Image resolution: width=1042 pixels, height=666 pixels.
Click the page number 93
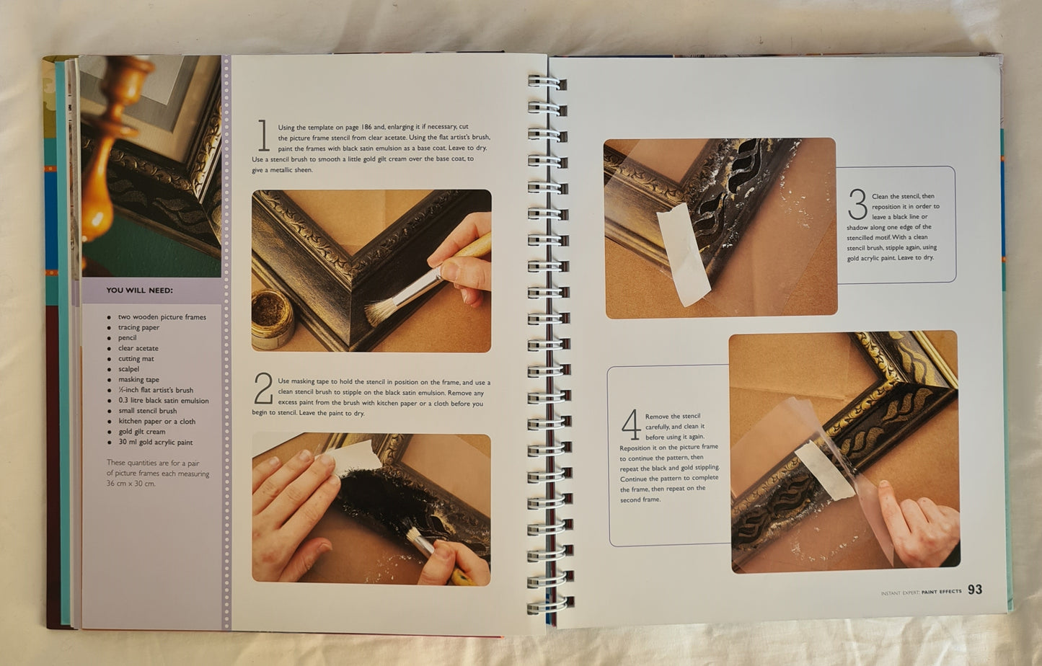click(975, 590)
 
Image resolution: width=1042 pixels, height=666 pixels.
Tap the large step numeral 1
click(264, 136)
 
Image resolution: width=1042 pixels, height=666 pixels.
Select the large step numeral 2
click(263, 388)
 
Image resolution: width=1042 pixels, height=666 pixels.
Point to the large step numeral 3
click(857, 204)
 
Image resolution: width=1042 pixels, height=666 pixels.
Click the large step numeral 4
click(631, 424)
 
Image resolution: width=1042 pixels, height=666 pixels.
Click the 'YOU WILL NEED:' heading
click(140, 290)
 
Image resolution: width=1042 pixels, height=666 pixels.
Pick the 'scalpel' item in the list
click(128, 369)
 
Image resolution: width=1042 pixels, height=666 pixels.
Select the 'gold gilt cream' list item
click(142, 432)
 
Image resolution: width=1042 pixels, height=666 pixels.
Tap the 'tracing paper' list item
click(138, 327)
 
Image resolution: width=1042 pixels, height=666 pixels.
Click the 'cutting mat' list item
click(136, 358)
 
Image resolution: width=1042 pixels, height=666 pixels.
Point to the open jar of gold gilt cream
click(273, 319)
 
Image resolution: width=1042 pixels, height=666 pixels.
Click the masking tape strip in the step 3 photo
click(683, 254)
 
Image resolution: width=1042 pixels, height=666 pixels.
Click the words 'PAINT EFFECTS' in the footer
click(941, 592)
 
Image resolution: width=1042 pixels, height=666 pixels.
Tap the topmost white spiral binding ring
click(547, 83)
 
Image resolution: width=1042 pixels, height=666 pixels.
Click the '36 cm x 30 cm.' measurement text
click(131, 484)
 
